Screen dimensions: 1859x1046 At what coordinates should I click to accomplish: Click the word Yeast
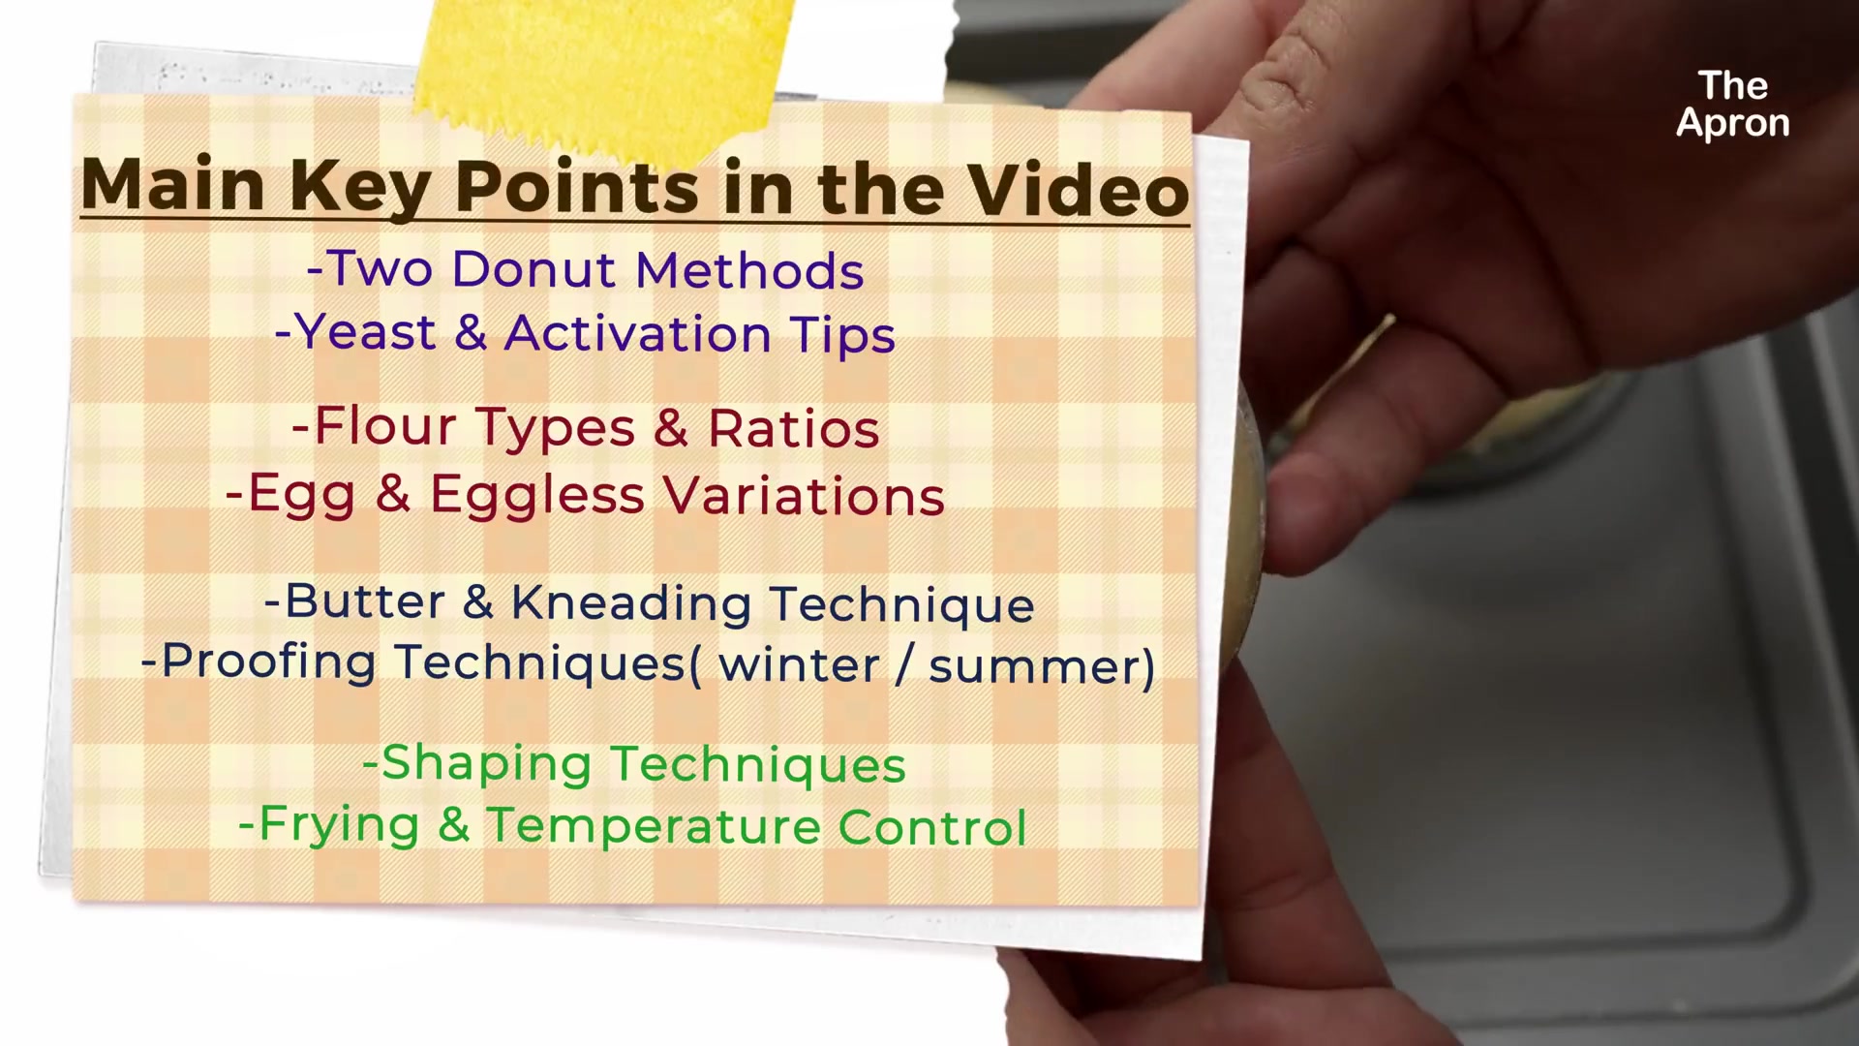point(365,334)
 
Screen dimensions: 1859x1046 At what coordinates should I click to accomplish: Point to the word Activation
point(637,334)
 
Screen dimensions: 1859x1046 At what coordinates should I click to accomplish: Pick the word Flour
point(385,427)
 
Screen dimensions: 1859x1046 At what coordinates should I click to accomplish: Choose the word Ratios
point(793,428)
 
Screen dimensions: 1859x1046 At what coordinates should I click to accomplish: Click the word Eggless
point(537,496)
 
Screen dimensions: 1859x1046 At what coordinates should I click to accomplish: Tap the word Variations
point(804,496)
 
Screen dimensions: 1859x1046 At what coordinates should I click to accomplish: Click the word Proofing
point(268,662)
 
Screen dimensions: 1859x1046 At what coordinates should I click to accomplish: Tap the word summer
point(1032,667)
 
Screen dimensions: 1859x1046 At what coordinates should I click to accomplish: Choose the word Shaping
point(487,765)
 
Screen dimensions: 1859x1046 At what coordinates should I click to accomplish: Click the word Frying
point(339,826)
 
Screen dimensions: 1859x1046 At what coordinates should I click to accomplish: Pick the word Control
point(931,828)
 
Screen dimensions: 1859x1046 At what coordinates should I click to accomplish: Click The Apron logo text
point(1733,105)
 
